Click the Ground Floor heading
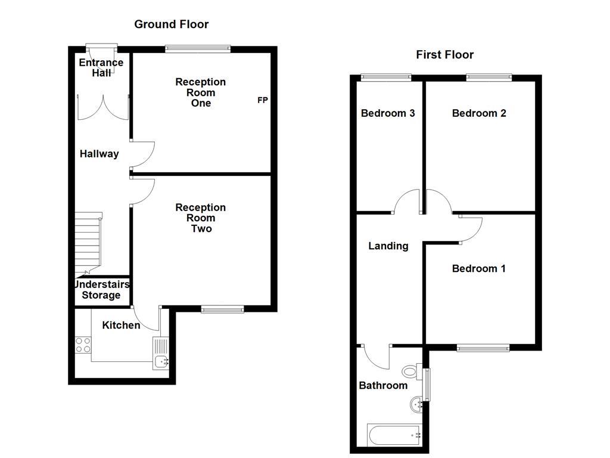171,24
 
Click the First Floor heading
444,55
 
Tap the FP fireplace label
262,100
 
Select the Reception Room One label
201,92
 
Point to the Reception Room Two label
201,218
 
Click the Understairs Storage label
101,290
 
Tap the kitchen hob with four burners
83,345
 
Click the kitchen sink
161,354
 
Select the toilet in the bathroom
410,372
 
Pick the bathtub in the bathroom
394,435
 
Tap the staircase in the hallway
88,242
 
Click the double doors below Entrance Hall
102,107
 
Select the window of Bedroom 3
386,76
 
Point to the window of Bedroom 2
488,76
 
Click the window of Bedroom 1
483,348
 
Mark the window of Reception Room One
198,49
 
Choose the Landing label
388,246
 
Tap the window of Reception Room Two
222,309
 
